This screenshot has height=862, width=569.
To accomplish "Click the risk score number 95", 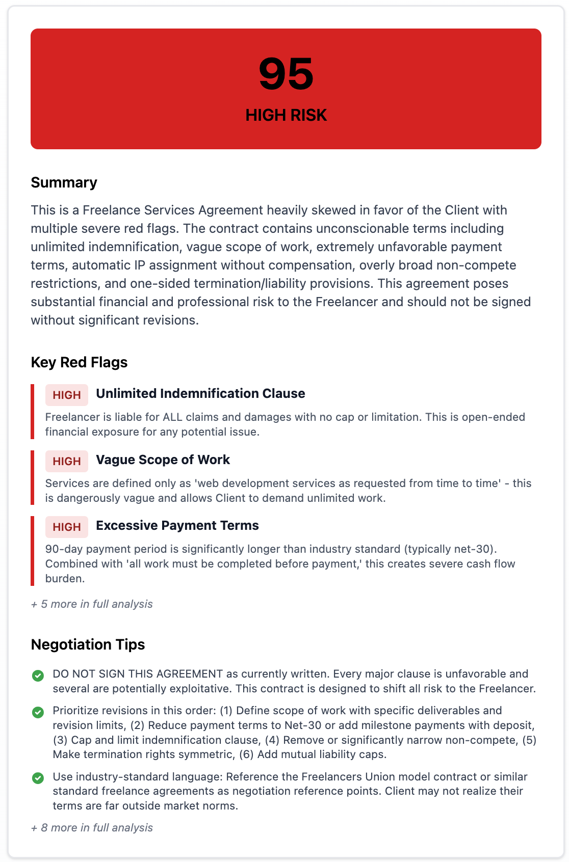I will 286,74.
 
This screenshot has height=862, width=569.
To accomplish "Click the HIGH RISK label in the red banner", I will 286,115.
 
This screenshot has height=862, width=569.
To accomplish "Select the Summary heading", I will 64,182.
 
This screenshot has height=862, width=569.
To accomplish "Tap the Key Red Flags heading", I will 79,362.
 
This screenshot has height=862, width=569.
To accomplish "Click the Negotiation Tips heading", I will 88,644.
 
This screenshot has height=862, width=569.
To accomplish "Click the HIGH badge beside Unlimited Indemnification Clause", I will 67,395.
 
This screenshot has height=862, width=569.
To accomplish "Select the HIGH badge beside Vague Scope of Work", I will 67,461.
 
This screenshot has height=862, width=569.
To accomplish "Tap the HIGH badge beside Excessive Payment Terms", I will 67,527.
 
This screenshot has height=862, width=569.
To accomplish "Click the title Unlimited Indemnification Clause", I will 200,393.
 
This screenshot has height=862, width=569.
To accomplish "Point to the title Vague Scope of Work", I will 163,460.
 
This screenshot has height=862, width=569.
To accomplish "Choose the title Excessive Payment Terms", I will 177,525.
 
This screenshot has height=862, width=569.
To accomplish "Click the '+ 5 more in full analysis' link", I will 92,604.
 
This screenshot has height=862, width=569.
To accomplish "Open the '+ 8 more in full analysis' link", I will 92,827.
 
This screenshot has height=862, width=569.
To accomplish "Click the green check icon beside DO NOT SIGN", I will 38,676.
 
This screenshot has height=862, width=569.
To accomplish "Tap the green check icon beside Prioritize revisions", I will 38,712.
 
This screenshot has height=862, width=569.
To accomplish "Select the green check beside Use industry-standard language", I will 38,778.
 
